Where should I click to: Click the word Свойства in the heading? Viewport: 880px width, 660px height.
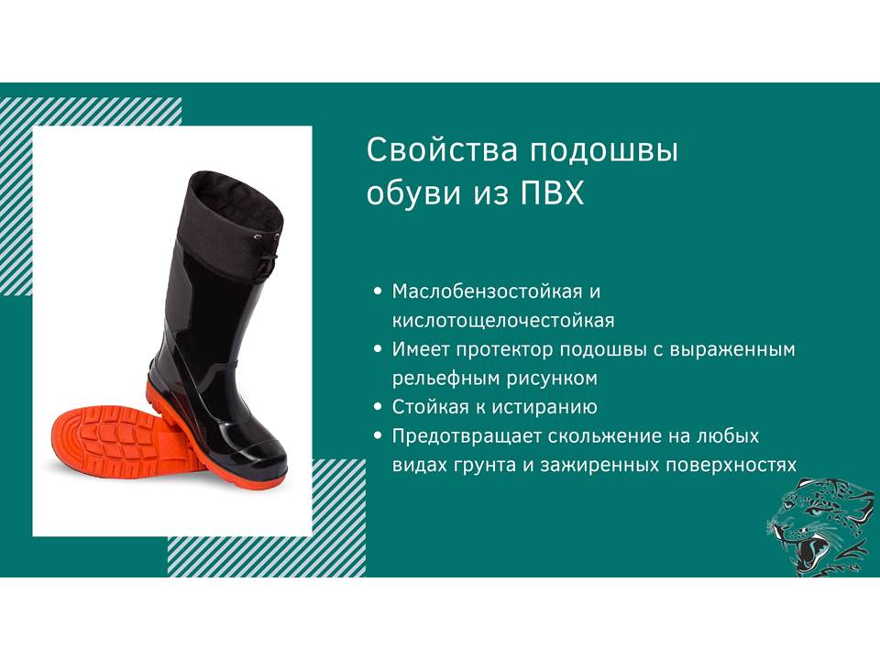442,150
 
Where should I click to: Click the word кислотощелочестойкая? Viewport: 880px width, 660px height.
503,321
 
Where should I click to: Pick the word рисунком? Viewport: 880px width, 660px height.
552,379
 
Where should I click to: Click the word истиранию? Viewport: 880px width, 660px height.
547,407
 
